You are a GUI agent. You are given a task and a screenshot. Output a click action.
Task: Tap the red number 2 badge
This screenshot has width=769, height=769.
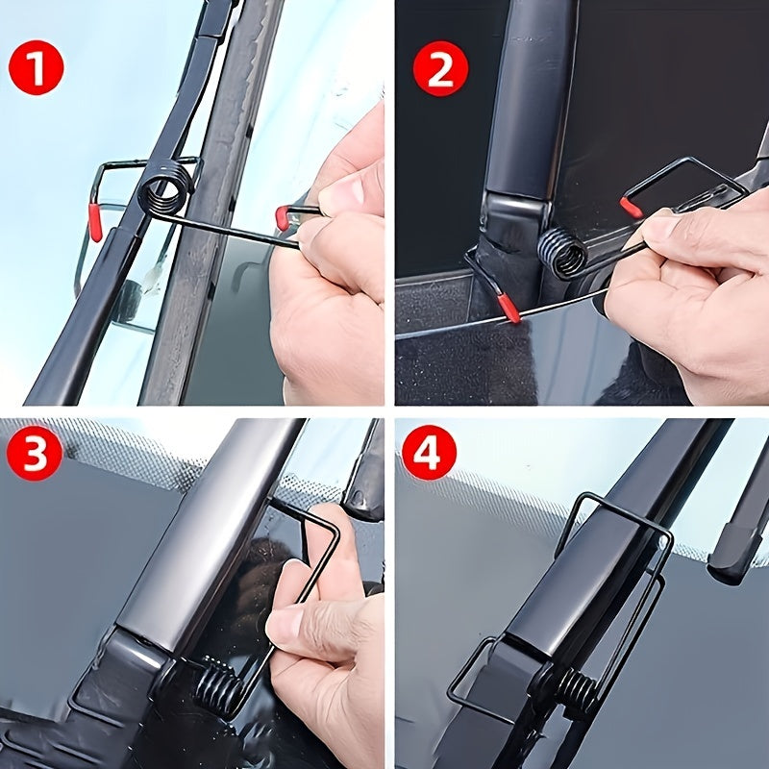coord(440,68)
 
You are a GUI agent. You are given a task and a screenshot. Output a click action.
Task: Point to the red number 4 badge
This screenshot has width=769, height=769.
coord(429,453)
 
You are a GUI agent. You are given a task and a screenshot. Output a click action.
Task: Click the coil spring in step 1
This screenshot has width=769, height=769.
coord(165,190)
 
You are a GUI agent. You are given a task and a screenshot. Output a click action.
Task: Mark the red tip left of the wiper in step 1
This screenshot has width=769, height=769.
coord(96,222)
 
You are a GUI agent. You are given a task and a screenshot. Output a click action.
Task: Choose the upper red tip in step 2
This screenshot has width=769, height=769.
coord(632,207)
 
